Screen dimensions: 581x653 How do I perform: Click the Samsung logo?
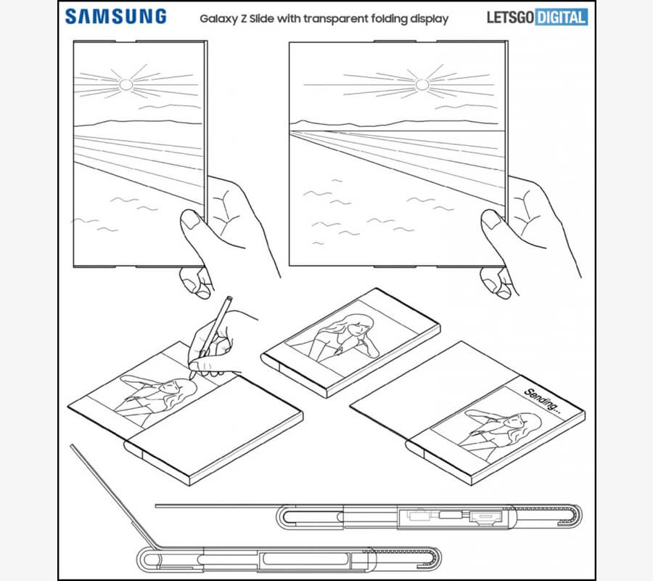point(115,16)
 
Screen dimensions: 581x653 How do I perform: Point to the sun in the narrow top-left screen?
point(126,85)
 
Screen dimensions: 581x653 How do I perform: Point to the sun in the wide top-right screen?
point(422,85)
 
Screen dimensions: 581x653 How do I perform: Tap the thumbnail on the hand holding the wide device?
point(493,221)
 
